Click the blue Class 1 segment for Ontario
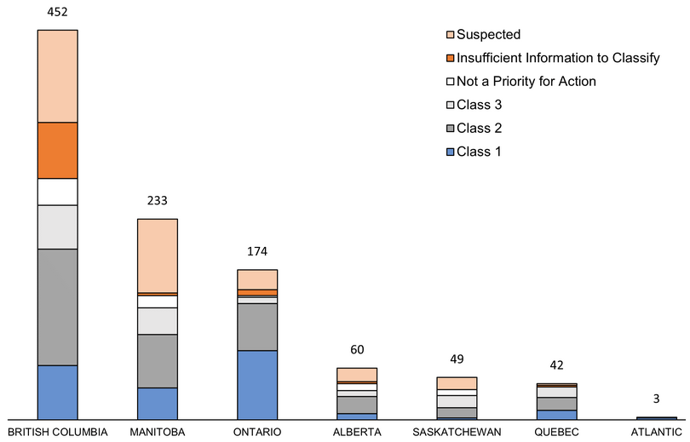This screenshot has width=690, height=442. click(257, 384)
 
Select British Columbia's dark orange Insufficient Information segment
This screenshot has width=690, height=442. click(58, 150)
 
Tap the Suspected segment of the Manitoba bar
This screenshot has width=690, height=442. click(158, 255)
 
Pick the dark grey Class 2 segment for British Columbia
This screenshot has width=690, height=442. click(58, 307)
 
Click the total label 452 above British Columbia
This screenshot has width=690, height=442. click(58, 12)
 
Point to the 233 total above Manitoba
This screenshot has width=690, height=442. click(158, 201)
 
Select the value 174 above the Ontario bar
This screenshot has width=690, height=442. click(257, 252)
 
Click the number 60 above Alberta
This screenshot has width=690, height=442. click(357, 351)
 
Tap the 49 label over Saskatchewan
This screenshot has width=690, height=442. click(457, 359)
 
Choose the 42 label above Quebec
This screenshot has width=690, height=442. click(556, 365)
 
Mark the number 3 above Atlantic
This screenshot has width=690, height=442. click(656, 399)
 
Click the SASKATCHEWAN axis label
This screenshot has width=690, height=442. click(457, 432)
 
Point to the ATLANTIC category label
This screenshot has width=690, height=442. click(656, 432)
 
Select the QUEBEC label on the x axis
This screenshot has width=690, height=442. click(556, 432)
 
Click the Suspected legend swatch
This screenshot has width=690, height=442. click(449, 35)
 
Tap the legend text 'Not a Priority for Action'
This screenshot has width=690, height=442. click(526, 82)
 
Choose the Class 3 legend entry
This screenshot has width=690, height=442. click(480, 105)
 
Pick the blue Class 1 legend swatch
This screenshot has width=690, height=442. click(449, 152)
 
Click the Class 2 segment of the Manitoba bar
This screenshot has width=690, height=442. click(158, 361)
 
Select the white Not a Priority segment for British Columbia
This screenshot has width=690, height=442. click(58, 192)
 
